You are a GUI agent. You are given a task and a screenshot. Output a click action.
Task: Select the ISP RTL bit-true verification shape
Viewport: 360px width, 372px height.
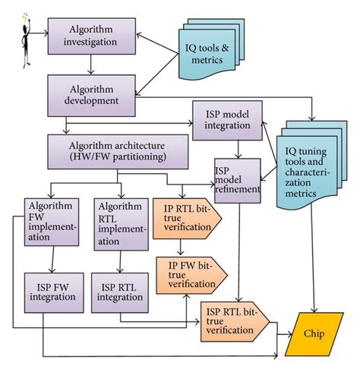[233, 319]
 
